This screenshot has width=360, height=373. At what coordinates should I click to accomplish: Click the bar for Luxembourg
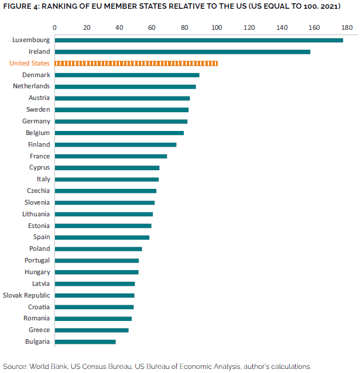pos(198,40)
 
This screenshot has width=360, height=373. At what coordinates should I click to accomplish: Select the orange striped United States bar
pos(136,63)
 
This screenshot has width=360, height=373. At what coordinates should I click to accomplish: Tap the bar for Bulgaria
pos(85,341)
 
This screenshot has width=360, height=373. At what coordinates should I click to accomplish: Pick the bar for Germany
pos(121,121)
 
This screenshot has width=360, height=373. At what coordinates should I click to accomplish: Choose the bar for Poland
pos(98,248)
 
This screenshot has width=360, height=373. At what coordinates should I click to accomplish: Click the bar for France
pos(111,156)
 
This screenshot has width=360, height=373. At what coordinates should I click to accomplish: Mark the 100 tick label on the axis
pos(217,27)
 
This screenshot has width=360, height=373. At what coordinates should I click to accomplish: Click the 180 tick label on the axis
pos(347,27)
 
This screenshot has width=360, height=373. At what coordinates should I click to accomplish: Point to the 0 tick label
pos(54,27)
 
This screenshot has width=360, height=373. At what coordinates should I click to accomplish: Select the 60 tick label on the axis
pos(152,27)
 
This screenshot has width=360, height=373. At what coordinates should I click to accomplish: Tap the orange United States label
pos(30,63)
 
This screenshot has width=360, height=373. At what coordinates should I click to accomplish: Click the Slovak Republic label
pos(27,295)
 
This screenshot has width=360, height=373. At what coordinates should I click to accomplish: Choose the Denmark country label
pos(36,75)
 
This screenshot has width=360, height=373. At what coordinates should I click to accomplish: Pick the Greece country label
pos(39,330)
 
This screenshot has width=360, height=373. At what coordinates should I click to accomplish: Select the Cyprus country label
pos(38,168)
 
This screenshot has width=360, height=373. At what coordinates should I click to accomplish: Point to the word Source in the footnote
pos(15,366)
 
